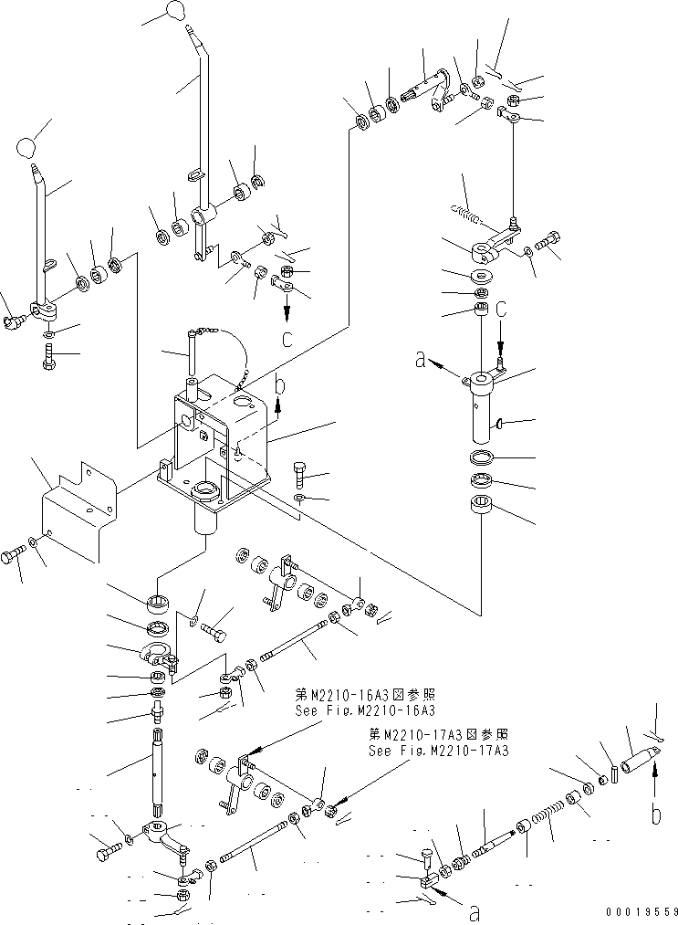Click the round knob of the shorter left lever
[29, 146]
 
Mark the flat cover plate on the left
[80, 514]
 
